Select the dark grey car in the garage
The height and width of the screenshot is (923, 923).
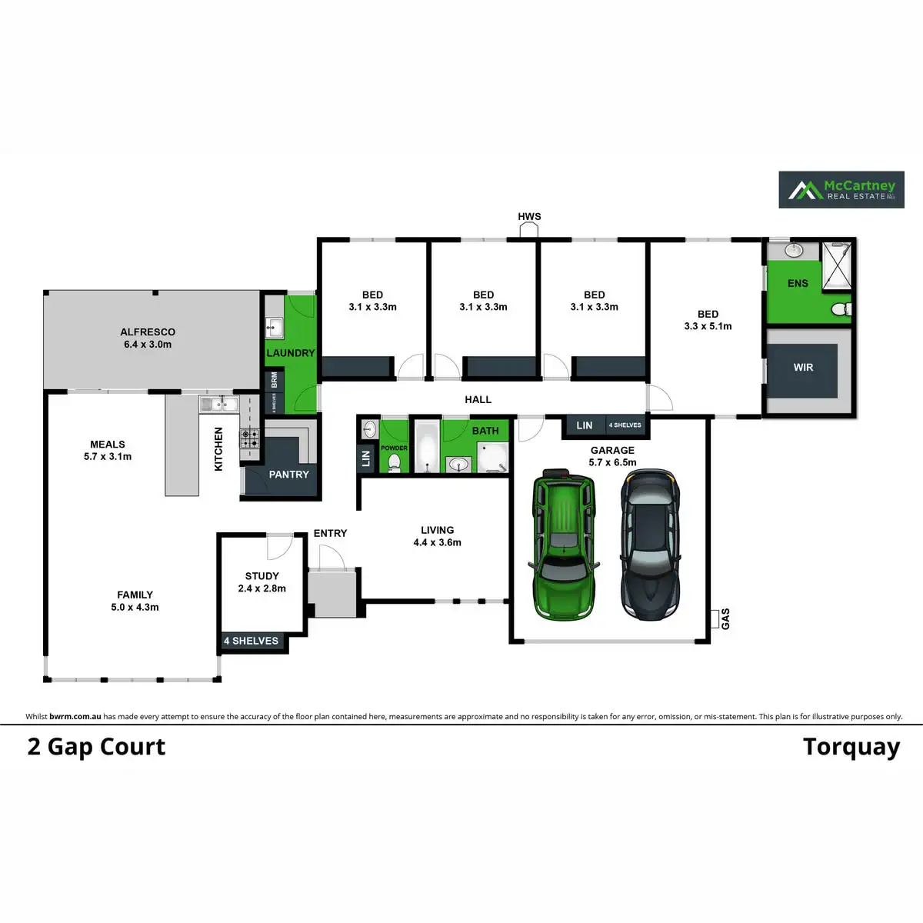click(x=650, y=545)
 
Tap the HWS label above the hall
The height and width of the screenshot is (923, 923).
click(x=529, y=216)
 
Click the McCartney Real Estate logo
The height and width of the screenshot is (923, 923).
click(x=841, y=189)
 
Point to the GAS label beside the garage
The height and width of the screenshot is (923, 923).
click(x=725, y=618)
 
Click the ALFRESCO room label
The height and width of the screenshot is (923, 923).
click(x=148, y=332)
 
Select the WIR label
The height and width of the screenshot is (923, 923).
click(x=803, y=368)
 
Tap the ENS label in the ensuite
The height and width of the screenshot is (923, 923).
click(x=798, y=283)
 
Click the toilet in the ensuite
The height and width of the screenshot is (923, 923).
click(x=841, y=309)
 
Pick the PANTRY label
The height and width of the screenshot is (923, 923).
click(x=288, y=475)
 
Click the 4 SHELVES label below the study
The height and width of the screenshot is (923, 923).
click(x=252, y=641)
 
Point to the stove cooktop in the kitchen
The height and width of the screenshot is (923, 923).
click(x=250, y=439)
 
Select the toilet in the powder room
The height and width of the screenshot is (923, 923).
click(x=394, y=463)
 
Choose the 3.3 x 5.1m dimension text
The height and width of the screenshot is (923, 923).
click(x=708, y=326)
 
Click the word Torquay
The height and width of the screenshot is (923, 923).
click(x=851, y=747)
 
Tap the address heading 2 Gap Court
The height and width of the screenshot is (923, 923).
click(x=96, y=747)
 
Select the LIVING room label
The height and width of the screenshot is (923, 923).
click(x=437, y=530)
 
